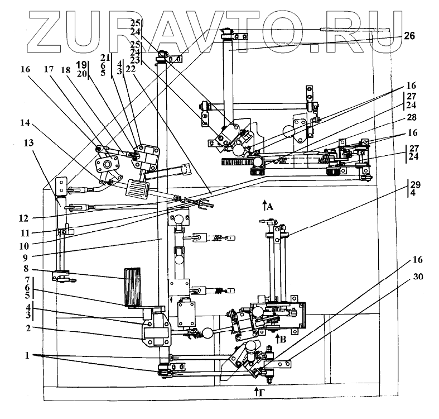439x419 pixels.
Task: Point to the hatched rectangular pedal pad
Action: (137, 187)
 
